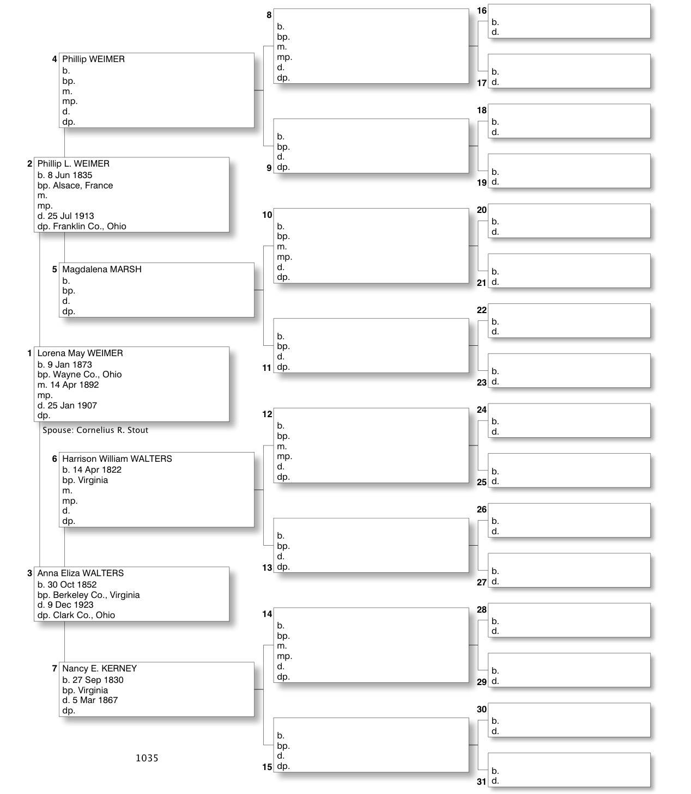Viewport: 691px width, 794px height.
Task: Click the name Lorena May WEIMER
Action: coord(80,353)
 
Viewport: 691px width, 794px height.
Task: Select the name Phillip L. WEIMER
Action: coord(73,164)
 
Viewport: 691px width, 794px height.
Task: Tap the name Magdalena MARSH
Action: coord(101,270)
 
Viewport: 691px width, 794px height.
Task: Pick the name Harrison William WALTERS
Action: coord(117,459)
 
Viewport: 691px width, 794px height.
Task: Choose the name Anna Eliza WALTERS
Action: coord(80,573)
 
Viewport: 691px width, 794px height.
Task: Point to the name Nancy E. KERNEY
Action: coord(99,669)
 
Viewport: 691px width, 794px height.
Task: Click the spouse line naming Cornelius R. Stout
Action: coord(95,430)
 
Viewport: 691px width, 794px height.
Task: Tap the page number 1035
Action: coord(147,758)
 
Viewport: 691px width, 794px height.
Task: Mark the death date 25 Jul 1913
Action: coord(74,216)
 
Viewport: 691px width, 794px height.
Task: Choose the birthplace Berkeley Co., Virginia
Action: coord(96,595)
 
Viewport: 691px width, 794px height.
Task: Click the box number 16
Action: coord(482,11)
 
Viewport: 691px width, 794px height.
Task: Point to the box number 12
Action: coord(267,414)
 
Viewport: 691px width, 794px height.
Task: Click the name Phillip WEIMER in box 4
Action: coord(93,59)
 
